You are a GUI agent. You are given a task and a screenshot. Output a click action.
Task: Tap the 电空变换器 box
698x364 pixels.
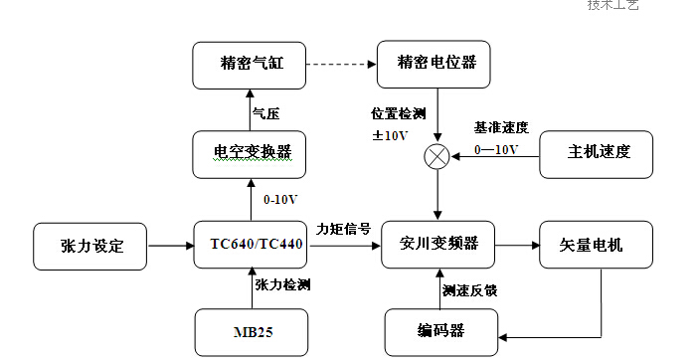click(252, 152)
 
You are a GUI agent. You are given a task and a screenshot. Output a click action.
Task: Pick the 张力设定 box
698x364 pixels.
click(91, 245)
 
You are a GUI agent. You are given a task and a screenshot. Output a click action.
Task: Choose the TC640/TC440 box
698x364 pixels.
click(252, 245)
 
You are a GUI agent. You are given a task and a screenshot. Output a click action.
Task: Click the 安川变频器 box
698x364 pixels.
click(438, 244)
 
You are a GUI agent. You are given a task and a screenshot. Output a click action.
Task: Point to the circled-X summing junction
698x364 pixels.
click(437, 155)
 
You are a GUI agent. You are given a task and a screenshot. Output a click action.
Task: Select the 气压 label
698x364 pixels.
click(265, 112)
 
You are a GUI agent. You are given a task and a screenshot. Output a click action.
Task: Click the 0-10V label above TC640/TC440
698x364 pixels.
click(279, 199)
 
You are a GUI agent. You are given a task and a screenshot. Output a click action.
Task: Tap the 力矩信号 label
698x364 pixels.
click(343, 229)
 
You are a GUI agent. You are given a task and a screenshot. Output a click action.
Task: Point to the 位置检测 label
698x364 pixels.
click(397, 113)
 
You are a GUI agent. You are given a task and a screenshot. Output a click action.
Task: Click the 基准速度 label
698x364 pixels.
click(501, 128)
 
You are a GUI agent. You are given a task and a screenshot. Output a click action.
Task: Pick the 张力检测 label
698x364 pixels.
click(282, 285)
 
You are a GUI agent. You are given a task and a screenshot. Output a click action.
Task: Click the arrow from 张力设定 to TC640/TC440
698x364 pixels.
click(171, 245)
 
